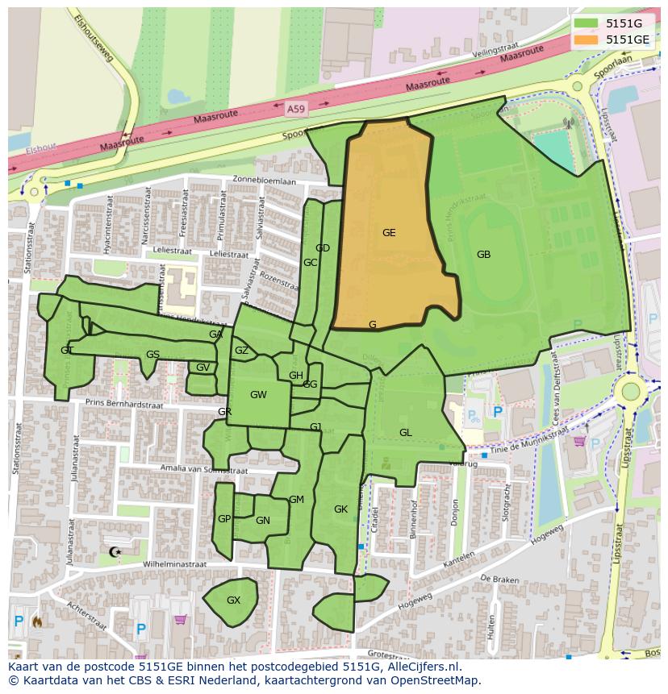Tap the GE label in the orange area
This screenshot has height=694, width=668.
[389, 233]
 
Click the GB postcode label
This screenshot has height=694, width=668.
[483, 255]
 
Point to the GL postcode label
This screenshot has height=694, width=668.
[405, 433]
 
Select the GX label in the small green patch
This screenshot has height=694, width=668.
[233, 600]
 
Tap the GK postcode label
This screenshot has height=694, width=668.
[340, 509]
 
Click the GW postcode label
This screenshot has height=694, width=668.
[258, 395]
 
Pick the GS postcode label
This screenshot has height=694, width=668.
[152, 355]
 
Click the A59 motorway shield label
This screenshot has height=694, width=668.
[296, 106]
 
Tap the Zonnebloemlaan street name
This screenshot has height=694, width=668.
[264, 181]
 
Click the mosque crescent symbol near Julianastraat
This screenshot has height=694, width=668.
[114, 552]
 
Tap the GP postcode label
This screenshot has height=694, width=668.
[224, 519]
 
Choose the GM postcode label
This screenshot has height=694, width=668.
[296, 500]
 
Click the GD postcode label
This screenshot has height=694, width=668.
[323, 248]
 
